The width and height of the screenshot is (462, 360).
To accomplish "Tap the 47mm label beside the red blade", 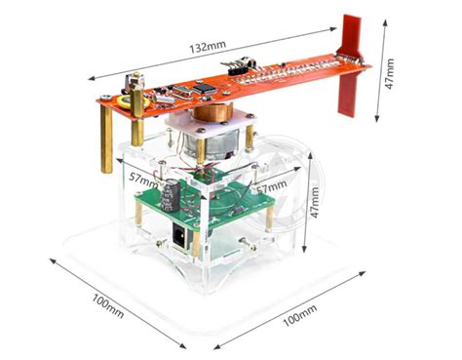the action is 389,74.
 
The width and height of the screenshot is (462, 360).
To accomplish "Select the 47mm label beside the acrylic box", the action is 314,202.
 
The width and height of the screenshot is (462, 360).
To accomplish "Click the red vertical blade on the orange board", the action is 349,65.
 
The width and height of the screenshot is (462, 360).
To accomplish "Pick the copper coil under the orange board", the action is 213,112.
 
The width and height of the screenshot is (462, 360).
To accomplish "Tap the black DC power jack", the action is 179,235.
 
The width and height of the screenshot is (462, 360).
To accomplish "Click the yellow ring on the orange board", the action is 134,102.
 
